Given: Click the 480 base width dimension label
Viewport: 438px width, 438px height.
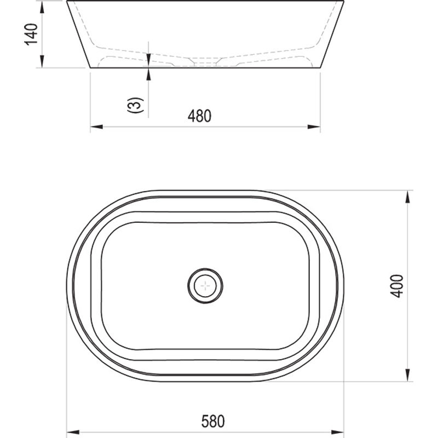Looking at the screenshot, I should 199,116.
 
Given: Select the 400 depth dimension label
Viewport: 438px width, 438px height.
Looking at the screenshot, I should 398,285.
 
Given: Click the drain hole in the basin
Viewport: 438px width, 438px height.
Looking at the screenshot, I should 205,285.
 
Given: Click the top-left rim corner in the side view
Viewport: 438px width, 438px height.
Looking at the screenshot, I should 67,2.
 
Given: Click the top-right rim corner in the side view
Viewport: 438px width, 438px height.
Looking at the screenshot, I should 343,2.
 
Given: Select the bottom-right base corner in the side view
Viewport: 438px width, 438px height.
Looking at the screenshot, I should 320,67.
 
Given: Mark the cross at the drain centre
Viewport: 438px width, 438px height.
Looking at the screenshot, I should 205,285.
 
